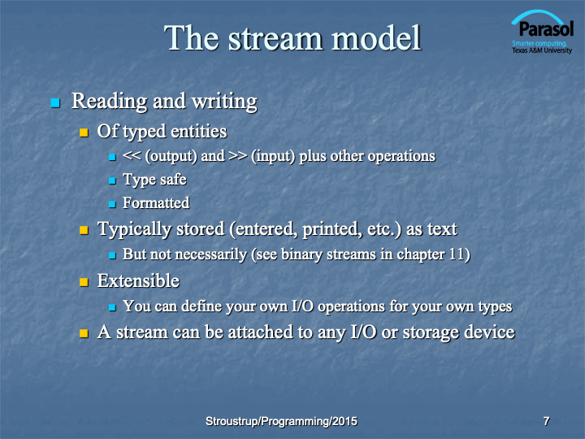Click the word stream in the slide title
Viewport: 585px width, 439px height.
pos(275,38)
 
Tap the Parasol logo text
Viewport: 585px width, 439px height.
pos(546,28)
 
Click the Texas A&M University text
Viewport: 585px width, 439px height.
pos(542,50)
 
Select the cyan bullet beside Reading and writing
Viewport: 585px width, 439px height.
pos(55,102)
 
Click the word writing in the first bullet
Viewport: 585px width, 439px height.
pos(224,102)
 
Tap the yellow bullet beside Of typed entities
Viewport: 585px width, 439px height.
pos(84,133)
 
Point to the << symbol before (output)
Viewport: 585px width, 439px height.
pos(132,155)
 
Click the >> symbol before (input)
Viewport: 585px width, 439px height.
pos(237,155)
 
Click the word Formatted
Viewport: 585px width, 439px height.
pos(156,203)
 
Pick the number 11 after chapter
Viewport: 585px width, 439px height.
pos(457,254)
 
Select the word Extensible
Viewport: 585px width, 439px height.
pos(138,280)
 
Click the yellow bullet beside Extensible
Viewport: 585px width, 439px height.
pos(84,282)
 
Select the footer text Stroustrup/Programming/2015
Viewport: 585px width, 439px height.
pos(281,421)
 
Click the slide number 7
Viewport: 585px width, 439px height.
pos(547,421)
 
